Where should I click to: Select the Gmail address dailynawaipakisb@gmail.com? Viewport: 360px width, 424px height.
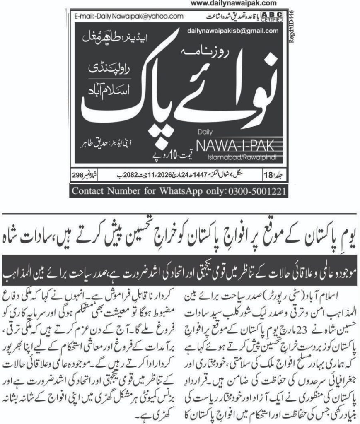point(233,31)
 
